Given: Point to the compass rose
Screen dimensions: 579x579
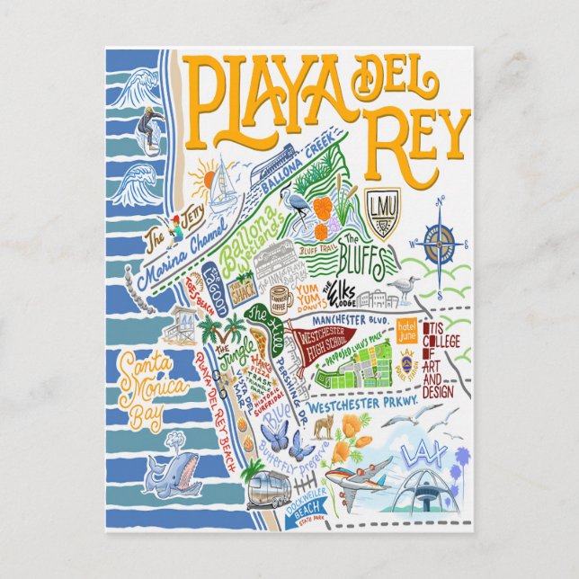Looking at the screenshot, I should click(440, 245).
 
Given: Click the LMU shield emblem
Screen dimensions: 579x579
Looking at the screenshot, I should click(378, 209).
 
